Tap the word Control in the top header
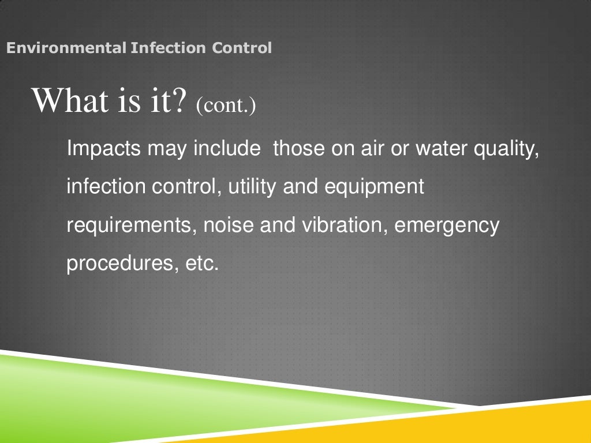click(x=242, y=48)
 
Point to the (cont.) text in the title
click(x=225, y=105)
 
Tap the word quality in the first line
click(x=506, y=150)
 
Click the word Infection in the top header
click(x=168, y=48)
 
